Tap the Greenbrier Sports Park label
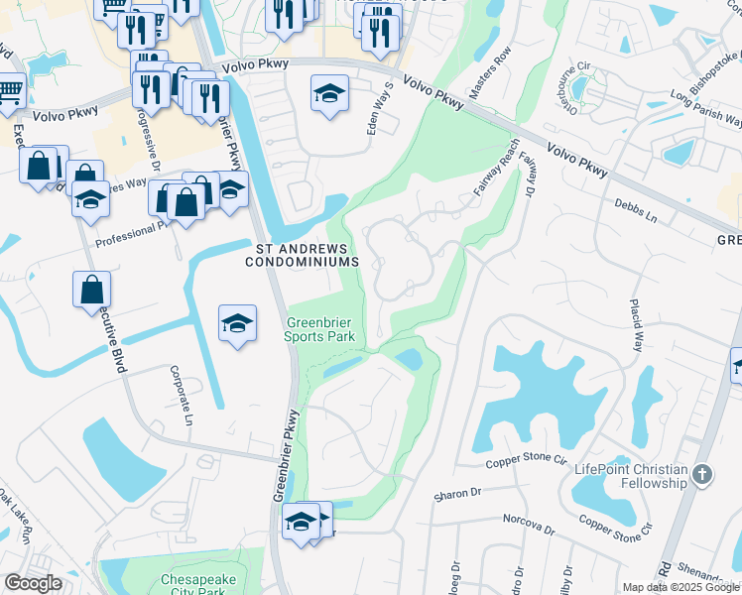click(x=320, y=329)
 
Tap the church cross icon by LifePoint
click(x=702, y=474)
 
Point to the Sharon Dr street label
click(x=457, y=494)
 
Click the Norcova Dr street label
click(x=526, y=519)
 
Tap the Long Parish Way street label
click(x=705, y=108)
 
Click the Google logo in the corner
click(x=33, y=583)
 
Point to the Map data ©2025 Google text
click(x=680, y=587)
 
